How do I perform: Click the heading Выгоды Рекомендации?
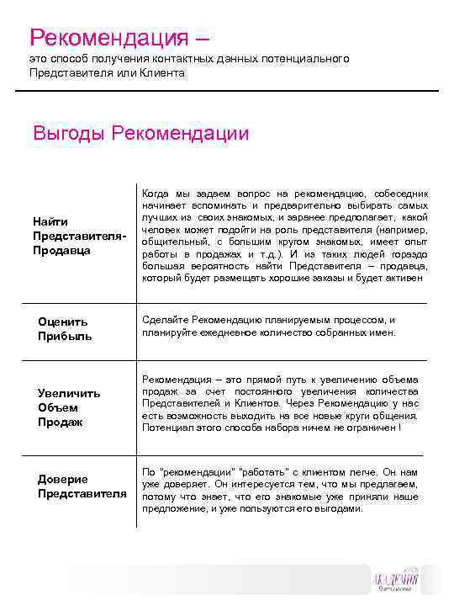pos(140,133)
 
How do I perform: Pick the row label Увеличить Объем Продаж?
pos(68,407)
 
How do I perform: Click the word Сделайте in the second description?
pos(166,320)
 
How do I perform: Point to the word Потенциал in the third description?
pos(167,428)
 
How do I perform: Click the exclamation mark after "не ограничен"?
pos(400,428)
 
